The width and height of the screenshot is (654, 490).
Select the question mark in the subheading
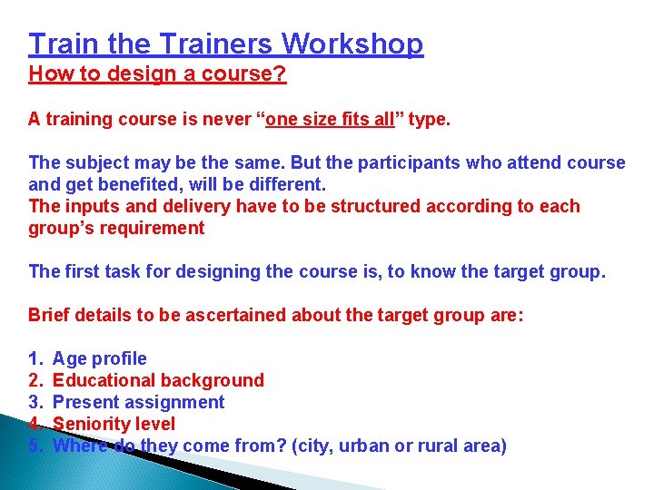[281, 74]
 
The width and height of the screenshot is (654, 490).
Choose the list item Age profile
[99, 358]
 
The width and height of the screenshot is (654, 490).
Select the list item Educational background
[158, 380]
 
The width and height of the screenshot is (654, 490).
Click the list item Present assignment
[138, 402]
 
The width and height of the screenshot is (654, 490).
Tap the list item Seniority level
[114, 424]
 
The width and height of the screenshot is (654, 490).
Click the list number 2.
[35, 380]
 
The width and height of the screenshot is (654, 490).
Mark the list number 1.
[35, 358]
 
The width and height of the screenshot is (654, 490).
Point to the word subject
[94, 162]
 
